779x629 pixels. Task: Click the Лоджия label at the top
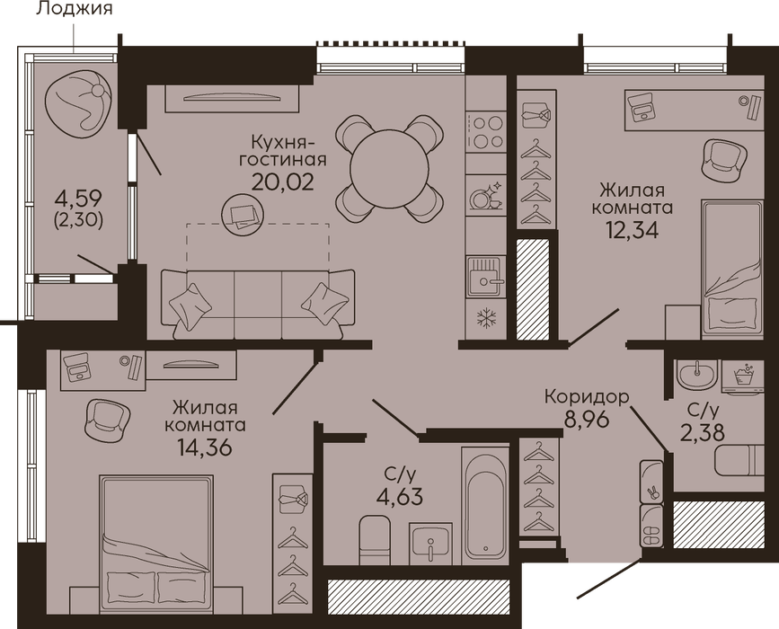pos(75,8)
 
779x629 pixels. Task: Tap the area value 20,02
pos(283,182)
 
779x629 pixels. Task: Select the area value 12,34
pos(632,229)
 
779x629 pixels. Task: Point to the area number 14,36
pos(205,447)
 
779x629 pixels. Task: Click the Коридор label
pos(587,397)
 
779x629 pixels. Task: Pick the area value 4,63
pos(400,496)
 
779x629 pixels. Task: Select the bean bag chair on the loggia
pos(77,103)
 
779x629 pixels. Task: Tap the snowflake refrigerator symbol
pos(485,318)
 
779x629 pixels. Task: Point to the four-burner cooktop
pos(486,132)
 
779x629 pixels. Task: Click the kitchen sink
pos(486,279)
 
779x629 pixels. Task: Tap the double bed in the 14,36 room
pos(156,545)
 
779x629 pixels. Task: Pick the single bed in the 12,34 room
pos(732,269)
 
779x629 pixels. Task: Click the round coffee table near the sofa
pos(243,214)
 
